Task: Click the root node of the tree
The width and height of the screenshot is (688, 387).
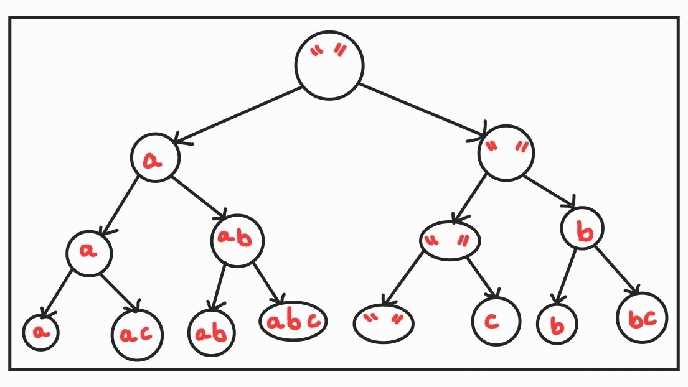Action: pyautogui.click(x=329, y=65)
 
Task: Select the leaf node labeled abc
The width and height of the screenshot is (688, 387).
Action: pyautogui.click(x=293, y=320)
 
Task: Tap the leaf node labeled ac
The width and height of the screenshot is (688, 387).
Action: pyautogui.click(x=136, y=334)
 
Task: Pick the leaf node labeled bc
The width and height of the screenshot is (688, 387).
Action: pyautogui.click(x=642, y=318)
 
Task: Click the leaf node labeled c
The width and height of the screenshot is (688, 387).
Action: pyautogui.click(x=495, y=321)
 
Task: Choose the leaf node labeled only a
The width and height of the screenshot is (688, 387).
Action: pyautogui.click(x=41, y=332)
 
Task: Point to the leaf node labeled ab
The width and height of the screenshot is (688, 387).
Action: pyautogui.click(x=212, y=332)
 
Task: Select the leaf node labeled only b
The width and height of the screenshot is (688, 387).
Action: pyautogui.click(x=557, y=324)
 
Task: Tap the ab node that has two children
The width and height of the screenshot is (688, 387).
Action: pyautogui.click(x=237, y=241)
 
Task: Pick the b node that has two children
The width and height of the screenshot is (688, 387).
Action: pyautogui.click(x=583, y=229)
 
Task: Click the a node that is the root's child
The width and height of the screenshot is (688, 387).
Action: pyautogui.click(x=155, y=158)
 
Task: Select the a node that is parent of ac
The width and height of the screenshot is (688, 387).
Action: pyautogui.click(x=90, y=252)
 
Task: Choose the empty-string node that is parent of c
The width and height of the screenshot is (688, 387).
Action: pyautogui.click(x=450, y=240)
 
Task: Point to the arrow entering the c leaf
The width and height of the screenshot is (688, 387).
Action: pyautogui.click(x=483, y=277)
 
